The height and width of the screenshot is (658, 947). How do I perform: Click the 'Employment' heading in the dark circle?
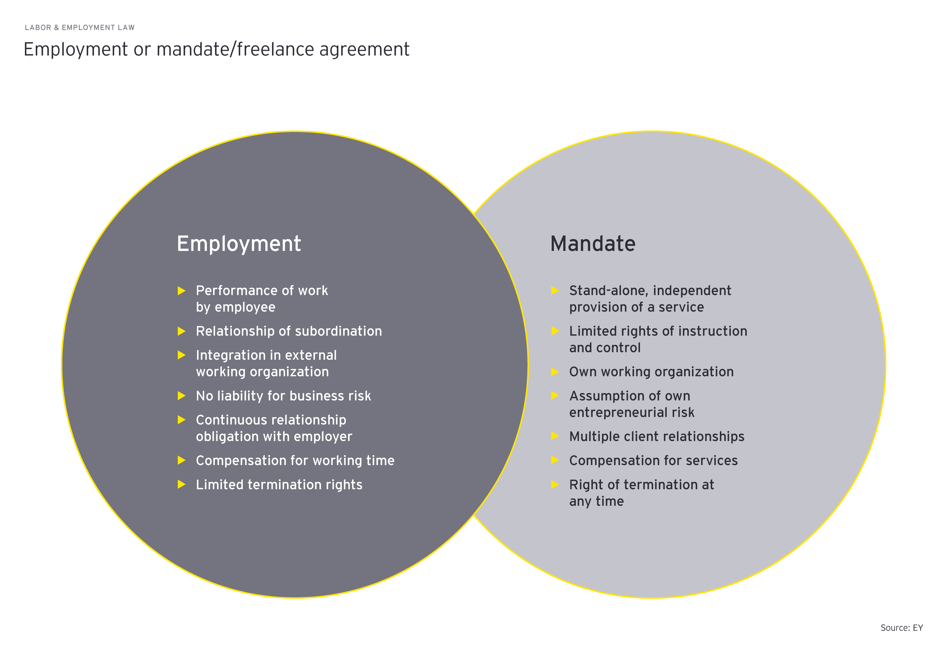pos(239,244)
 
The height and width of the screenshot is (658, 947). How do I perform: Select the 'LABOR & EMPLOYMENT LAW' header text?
pos(80,28)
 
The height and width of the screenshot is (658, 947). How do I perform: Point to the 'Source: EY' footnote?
pos(901,627)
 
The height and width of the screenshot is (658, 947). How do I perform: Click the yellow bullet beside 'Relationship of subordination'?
pos(181,331)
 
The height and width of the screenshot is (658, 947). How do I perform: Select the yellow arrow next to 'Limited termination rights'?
pos(181,484)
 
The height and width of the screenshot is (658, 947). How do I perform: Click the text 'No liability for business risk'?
pos(283,396)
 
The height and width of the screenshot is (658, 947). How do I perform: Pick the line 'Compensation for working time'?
pos(295,461)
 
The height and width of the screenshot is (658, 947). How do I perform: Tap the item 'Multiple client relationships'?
pos(656,436)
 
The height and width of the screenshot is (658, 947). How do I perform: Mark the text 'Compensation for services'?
pos(653,461)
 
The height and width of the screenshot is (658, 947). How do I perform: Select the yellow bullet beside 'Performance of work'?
pos(181,291)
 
